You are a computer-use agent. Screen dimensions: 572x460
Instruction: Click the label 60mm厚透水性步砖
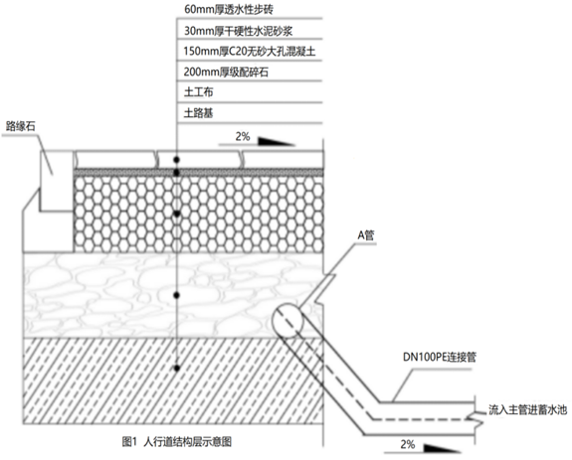[x=229, y=9]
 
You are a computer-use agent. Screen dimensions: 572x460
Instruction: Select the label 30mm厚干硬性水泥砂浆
[x=238, y=31]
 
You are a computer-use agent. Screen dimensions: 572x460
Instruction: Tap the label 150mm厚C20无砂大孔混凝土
[x=250, y=51]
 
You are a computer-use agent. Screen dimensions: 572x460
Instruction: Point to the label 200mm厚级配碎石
[x=226, y=72]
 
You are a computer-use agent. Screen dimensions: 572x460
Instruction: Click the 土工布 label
[x=198, y=91]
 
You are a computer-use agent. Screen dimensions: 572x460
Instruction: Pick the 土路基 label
[x=198, y=113]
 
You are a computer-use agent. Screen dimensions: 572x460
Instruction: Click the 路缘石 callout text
[x=21, y=126]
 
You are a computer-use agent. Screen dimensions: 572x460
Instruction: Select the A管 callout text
[x=366, y=235]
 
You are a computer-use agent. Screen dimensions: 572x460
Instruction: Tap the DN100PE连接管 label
[x=440, y=357]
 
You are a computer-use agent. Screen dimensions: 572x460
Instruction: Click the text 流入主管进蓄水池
[x=528, y=409]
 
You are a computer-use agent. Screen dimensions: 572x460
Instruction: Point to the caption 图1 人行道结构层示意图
[x=176, y=442]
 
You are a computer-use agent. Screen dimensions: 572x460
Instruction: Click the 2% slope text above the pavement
[x=243, y=136]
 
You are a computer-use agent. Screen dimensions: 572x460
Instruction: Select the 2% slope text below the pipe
[x=408, y=444]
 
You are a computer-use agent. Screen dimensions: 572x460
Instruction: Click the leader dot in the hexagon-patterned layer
[x=177, y=214]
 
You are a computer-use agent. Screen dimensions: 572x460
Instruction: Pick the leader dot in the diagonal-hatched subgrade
[x=177, y=369]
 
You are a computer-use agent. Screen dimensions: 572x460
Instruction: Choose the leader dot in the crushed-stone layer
[x=177, y=295]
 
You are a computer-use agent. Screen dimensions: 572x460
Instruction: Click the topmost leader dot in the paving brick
[x=177, y=160]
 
